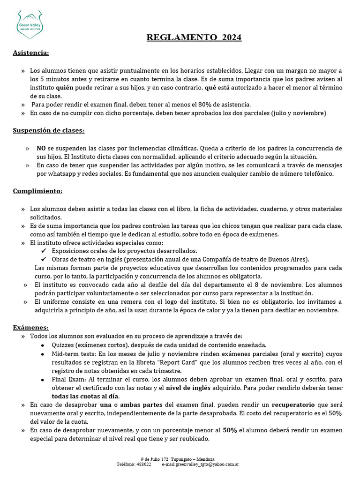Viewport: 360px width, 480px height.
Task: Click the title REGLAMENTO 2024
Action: (194, 37)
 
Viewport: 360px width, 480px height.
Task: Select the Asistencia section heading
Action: (30, 52)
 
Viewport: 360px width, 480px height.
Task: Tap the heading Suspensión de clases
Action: (48, 130)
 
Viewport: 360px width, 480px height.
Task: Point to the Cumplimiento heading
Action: (37, 191)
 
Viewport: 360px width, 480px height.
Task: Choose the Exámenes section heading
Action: (30, 327)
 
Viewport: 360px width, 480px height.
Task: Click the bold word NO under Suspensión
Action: (41, 148)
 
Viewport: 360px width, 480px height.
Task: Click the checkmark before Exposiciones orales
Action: (44, 251)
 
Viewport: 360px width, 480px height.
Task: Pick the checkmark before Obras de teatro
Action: (44, 259)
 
